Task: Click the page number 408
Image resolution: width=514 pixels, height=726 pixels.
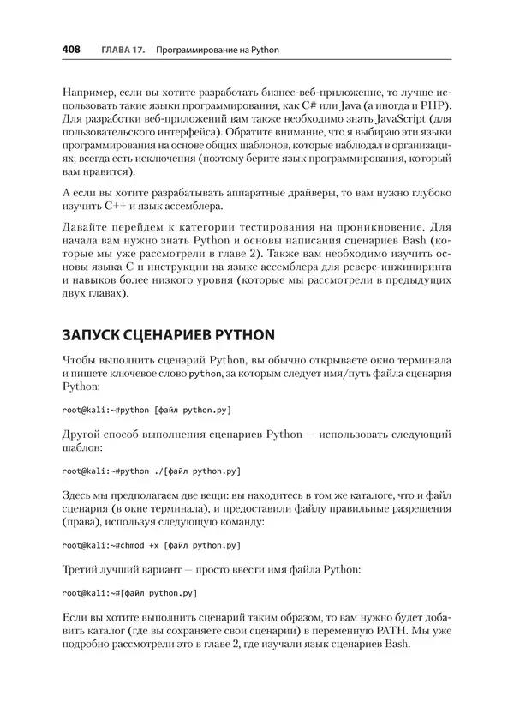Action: (x=71, y=51)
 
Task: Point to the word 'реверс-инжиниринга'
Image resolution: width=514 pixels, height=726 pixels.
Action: (x=385, y=261)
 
